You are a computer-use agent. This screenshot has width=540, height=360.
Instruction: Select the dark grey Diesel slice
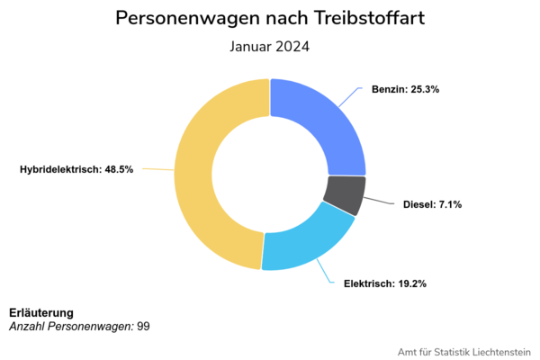coord(345,194)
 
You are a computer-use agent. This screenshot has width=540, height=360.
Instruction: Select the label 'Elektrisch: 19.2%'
coord(385,283)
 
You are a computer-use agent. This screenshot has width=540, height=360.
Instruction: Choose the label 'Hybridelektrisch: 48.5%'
coord(76,169)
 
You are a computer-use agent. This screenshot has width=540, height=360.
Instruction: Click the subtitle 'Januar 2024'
coord(270,47)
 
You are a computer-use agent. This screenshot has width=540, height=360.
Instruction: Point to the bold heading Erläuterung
coord(41,312)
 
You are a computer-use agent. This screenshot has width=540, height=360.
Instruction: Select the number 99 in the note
coord(143,325)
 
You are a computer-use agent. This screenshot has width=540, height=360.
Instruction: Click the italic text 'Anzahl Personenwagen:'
coord(71,325)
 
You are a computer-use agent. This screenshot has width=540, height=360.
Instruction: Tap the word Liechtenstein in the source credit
coord(496,351)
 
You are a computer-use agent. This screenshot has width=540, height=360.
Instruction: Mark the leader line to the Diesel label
coord(380,202)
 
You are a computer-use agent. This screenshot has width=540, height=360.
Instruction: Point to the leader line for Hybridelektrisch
coord(158,169)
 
